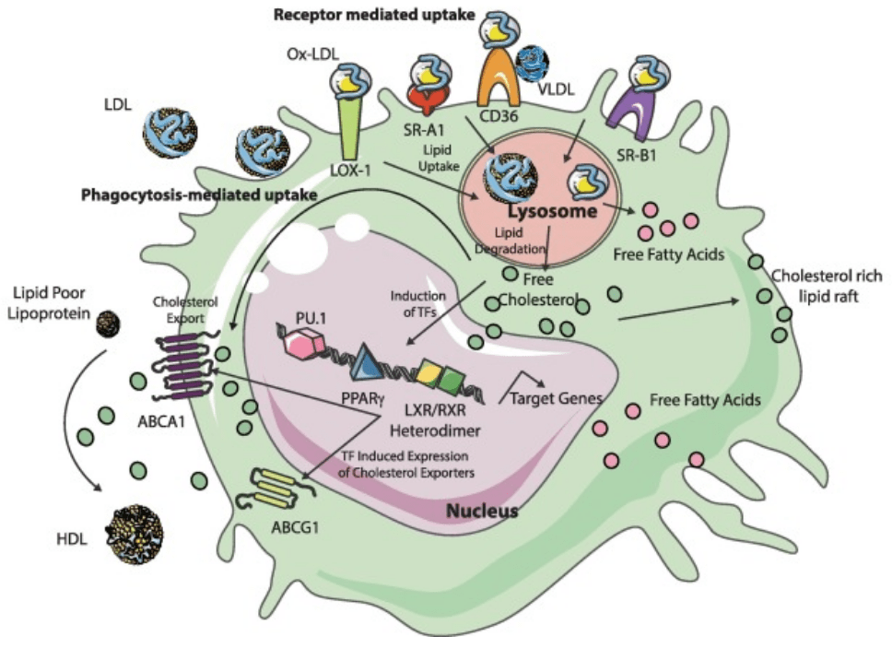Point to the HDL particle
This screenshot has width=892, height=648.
coord(135,533)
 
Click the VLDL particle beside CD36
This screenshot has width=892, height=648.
coord(532,60)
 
